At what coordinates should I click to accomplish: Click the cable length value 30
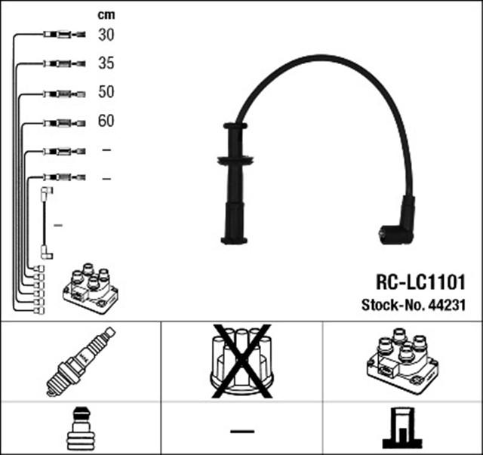(x=106, y=35)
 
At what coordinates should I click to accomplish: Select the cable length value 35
(x=106, y=63)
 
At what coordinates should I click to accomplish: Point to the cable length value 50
(x=106, y=92)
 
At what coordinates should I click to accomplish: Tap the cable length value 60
(x=106, y=121)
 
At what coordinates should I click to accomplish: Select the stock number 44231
(x=448, y=306)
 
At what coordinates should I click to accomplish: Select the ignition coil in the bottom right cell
(x=401, y=361)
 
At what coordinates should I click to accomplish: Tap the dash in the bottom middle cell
(x=241, y=430)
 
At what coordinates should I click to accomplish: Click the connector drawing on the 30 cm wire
(x=60, y=35)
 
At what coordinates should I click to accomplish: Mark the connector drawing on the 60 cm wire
(x=60, y=122)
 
